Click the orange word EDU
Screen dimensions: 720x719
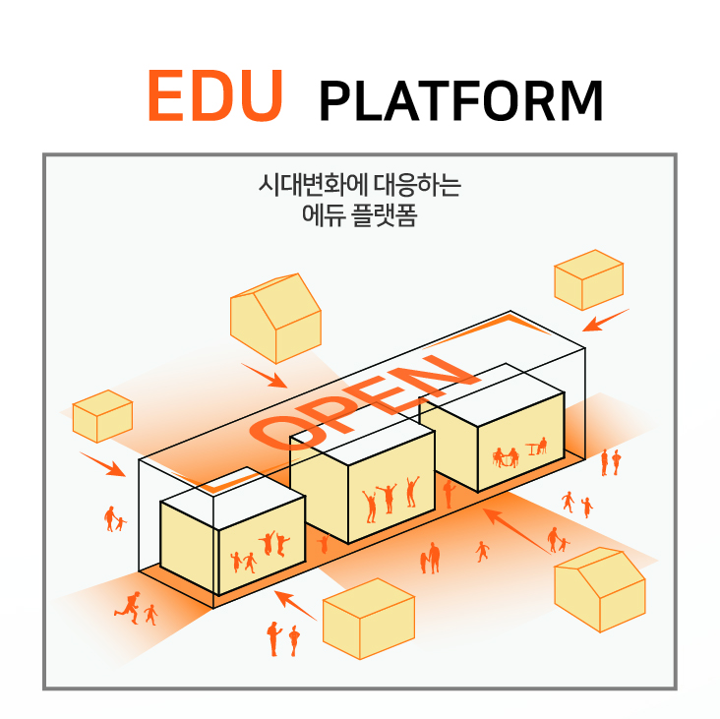pyautogui.click(x=214, y=95)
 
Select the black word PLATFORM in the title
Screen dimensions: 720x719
pyautogui.click(x=460, y=100)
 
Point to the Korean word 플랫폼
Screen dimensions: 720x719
pyautogui.click(x=384, y=214)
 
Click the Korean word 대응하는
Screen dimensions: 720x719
pyautogui.click(x=417, y=185)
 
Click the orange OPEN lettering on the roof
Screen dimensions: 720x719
pyautogui.click(x=364, y=401)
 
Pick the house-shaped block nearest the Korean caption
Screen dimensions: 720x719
pyautogui.click(x=275, y=318)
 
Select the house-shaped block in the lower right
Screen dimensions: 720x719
pyautogui.click(x=600, y=589)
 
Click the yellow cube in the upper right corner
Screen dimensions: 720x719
pyautogui.click(x=588, y=279)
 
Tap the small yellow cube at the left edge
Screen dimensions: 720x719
pyautogui.click(x=102, y=416)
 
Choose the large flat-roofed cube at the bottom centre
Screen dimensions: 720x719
pyautogui.click(x=369, y=619)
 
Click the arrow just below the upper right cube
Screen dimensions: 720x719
pyautogui.click(x=605, y=320)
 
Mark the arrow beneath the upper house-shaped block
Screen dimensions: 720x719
pyautogui.click(x=264, y=376)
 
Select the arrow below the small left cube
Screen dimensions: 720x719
pyautogui.click(x=102, y=464)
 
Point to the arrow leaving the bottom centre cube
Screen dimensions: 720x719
pyautogui.click(x=295, y=606)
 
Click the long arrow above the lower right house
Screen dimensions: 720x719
pyautogui.click(x=516, y=531)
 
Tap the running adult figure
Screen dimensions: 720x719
pyautogui.click(x=128, y=608)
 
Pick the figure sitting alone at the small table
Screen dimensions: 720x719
pyautogui.click(x=542, y=446)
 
